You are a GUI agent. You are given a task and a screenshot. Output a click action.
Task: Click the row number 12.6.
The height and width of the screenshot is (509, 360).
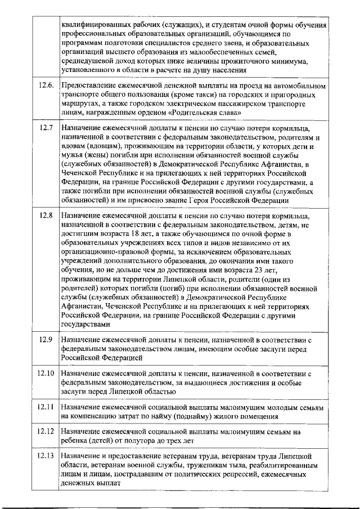tap(46, 85)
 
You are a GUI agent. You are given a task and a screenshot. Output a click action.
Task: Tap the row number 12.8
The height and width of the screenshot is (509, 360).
tap(46, 216)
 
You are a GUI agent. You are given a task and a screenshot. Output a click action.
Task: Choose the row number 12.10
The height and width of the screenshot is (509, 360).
tap(46, 373)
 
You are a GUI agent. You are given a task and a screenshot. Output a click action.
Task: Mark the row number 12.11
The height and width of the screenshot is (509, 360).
tap(46, 407)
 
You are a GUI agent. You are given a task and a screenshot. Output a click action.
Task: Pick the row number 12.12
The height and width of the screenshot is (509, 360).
tap(46, 431)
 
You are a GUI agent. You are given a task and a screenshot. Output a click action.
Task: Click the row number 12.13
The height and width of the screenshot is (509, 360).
tap(46, 456)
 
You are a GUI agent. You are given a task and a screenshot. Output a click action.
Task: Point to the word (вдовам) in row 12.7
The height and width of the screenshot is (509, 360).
tap(80, 146)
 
